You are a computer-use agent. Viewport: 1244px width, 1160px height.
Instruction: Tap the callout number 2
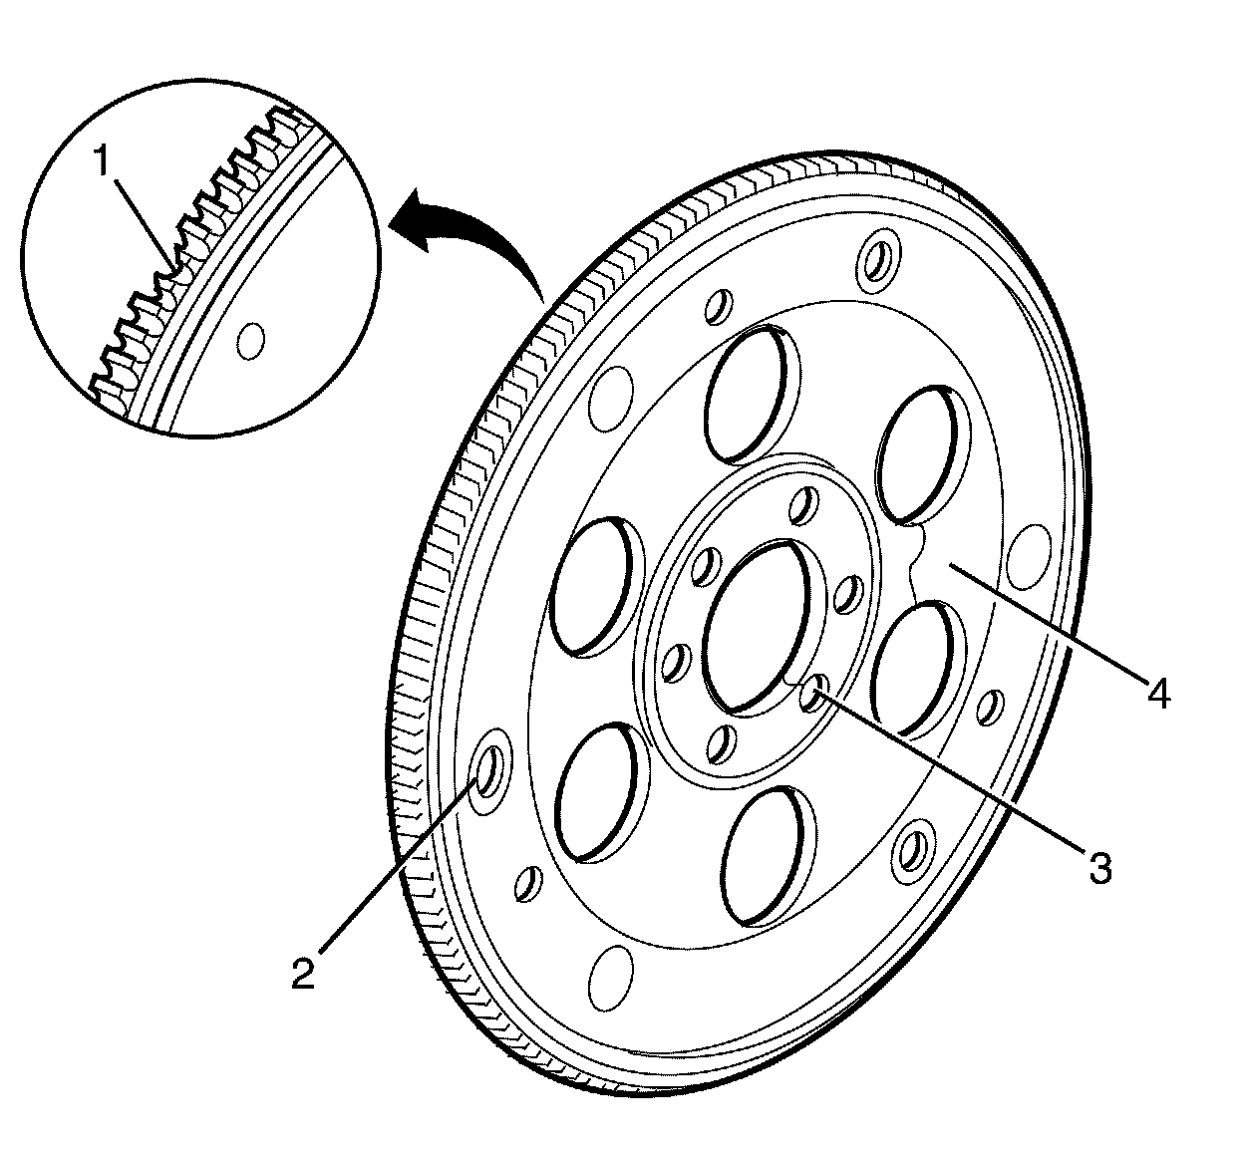(x=303, y=971)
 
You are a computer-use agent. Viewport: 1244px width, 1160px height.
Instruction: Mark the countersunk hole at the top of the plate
(x=877, y=258)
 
